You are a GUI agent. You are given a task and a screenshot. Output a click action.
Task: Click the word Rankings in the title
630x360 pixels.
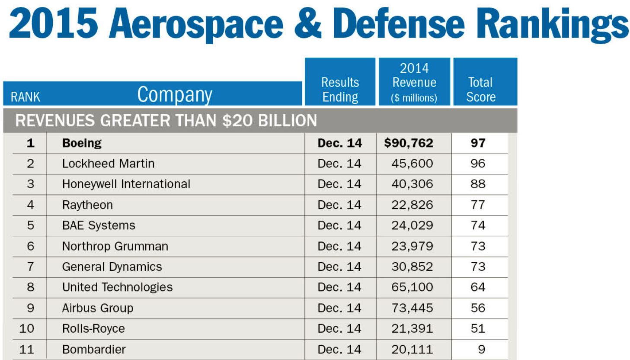554,25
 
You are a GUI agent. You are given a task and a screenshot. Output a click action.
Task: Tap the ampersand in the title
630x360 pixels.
307,24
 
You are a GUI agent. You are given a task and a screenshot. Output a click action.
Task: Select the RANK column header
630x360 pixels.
25,97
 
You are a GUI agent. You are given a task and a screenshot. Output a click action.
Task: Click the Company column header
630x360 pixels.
175,94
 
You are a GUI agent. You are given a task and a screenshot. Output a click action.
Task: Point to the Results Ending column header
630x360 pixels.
340,89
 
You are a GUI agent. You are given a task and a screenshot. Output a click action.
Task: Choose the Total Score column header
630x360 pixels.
480,89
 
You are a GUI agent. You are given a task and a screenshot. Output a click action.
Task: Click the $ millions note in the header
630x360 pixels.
414,98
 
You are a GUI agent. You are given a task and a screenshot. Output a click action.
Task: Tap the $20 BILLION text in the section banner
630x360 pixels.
269,120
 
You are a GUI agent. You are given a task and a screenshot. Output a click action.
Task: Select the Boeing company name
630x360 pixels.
82,143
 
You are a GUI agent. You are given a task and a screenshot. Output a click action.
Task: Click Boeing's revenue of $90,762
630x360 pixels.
409,143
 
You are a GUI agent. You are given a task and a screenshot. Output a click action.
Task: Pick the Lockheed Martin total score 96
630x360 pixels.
478,164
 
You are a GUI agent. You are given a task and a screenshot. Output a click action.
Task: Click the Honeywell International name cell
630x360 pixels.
126,184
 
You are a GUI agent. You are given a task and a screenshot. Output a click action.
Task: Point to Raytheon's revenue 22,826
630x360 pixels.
412,205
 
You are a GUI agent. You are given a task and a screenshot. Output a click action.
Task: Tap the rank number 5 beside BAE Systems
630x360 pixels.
30,225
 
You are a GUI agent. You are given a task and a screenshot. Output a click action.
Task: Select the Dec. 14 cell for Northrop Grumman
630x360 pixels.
339,246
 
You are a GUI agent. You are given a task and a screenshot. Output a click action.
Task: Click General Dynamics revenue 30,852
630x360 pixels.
412,267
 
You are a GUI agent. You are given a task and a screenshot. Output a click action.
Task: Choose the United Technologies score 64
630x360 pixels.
478,287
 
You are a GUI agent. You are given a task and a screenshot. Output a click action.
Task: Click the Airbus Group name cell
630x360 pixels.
98,308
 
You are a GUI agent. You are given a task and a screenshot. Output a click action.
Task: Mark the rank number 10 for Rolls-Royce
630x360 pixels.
27,328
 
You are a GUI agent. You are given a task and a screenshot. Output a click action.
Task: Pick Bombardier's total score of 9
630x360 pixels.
481,349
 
